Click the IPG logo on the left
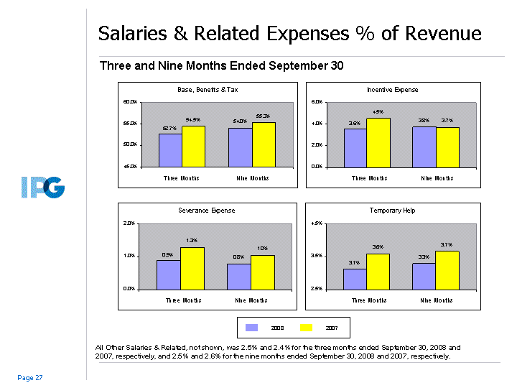[x=42, y=188]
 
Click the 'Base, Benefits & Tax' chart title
[x=207, y=90]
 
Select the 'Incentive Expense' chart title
[x=392, y=90]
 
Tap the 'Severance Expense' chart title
[x=207, y=211]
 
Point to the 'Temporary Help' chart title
[x=392, y=211]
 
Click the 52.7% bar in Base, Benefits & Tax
[x=170, y=149]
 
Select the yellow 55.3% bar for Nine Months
[x=264, y=144]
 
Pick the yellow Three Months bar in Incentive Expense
[x=378, y=142]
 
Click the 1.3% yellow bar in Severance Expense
[x=192, y=268]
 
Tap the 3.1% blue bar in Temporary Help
[x=355, y=279]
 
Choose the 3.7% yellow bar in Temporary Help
[x=447, y=269]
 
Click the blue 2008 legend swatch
[x=252, y=328]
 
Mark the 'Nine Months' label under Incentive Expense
[x=437, y=178]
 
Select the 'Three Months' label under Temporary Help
[x=367, y=300]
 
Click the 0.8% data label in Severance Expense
[x=239, y=257]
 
